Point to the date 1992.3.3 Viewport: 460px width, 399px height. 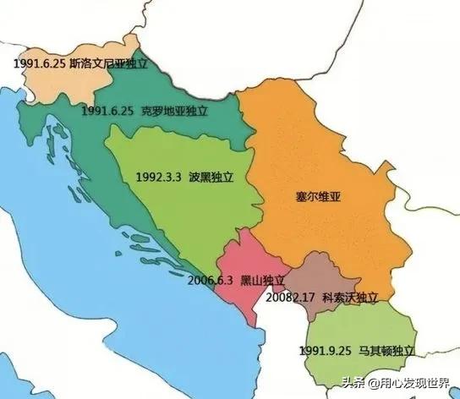[x=158, y=178]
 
